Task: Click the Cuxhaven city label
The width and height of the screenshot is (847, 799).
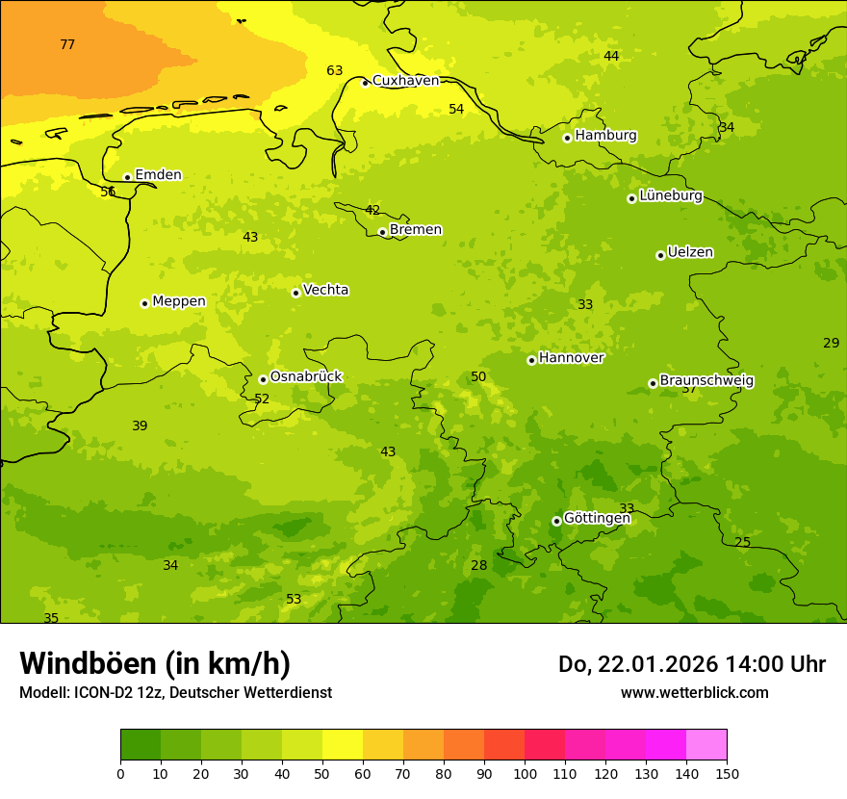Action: [x=405, y=81]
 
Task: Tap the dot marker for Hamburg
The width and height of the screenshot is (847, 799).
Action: [x=567, y=138]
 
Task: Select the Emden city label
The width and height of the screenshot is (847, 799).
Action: [x=158, y=175]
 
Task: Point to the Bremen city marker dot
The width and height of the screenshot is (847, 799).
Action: [x=382, y=232]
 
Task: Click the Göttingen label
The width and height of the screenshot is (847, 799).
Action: [x=597, y=519]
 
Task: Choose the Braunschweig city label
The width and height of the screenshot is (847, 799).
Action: [x=706, y=381]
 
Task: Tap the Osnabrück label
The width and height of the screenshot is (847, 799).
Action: [x=305, y=377]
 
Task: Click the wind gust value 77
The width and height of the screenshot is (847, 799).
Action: [x=67, y=44]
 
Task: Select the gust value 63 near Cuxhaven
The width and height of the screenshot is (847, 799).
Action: [x=335, y=70]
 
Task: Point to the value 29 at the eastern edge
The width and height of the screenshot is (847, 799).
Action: [x=831, y=343]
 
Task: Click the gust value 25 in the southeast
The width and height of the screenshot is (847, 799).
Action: [x=742, y=542]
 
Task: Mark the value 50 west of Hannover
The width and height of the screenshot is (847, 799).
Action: [x=478, y=376]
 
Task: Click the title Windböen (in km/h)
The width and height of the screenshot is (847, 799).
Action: [x=155, y=663]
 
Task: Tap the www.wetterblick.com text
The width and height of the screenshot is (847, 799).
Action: [x=694, y=693]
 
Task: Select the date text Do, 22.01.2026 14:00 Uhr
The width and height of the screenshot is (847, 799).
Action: [x=691, y=664]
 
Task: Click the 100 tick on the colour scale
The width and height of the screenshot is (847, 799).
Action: [x=525, y=773]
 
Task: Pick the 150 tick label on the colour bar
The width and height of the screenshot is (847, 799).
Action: [x=727, y=773]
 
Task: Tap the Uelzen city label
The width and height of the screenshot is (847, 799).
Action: [x=690, y=253]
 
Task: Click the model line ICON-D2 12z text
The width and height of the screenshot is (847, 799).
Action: [x=175, y=693]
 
